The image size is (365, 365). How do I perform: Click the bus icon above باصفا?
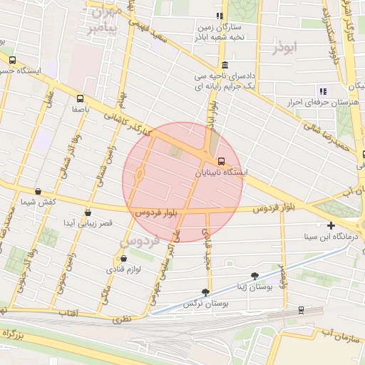pyautogui.click(x=79, y=99)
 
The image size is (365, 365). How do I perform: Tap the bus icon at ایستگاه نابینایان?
pyautogui.click(x=222, y=161)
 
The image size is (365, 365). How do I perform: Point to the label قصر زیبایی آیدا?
pyautogui.click(x=88, y=223)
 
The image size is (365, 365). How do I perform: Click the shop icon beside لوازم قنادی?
pyautogui.click(x=123, y=258)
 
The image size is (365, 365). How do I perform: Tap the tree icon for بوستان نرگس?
pyautogui.click(x=206, y=292)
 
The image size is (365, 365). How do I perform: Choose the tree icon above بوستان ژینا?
pyautogui.click(x=255, y=275)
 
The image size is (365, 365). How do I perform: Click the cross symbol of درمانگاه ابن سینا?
pyautogui.click(x=331, y=225)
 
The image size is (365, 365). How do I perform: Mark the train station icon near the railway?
pyautogui.click(x=301, y=310)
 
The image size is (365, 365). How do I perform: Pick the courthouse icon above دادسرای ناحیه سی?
pyautogui.click(x=225, y=66)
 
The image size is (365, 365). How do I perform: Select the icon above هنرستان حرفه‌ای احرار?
pyautogui.click(x=323, y=91)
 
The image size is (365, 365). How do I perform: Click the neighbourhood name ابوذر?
pyautogui.click(x=287, y=48)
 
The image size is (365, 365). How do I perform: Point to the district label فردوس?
pyautogui.click(x=135, y=242)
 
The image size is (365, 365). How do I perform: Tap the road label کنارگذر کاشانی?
pyautogui.click(x=128, y=125)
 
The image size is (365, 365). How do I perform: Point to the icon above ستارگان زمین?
pyautogui.click(x=220, y=16)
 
